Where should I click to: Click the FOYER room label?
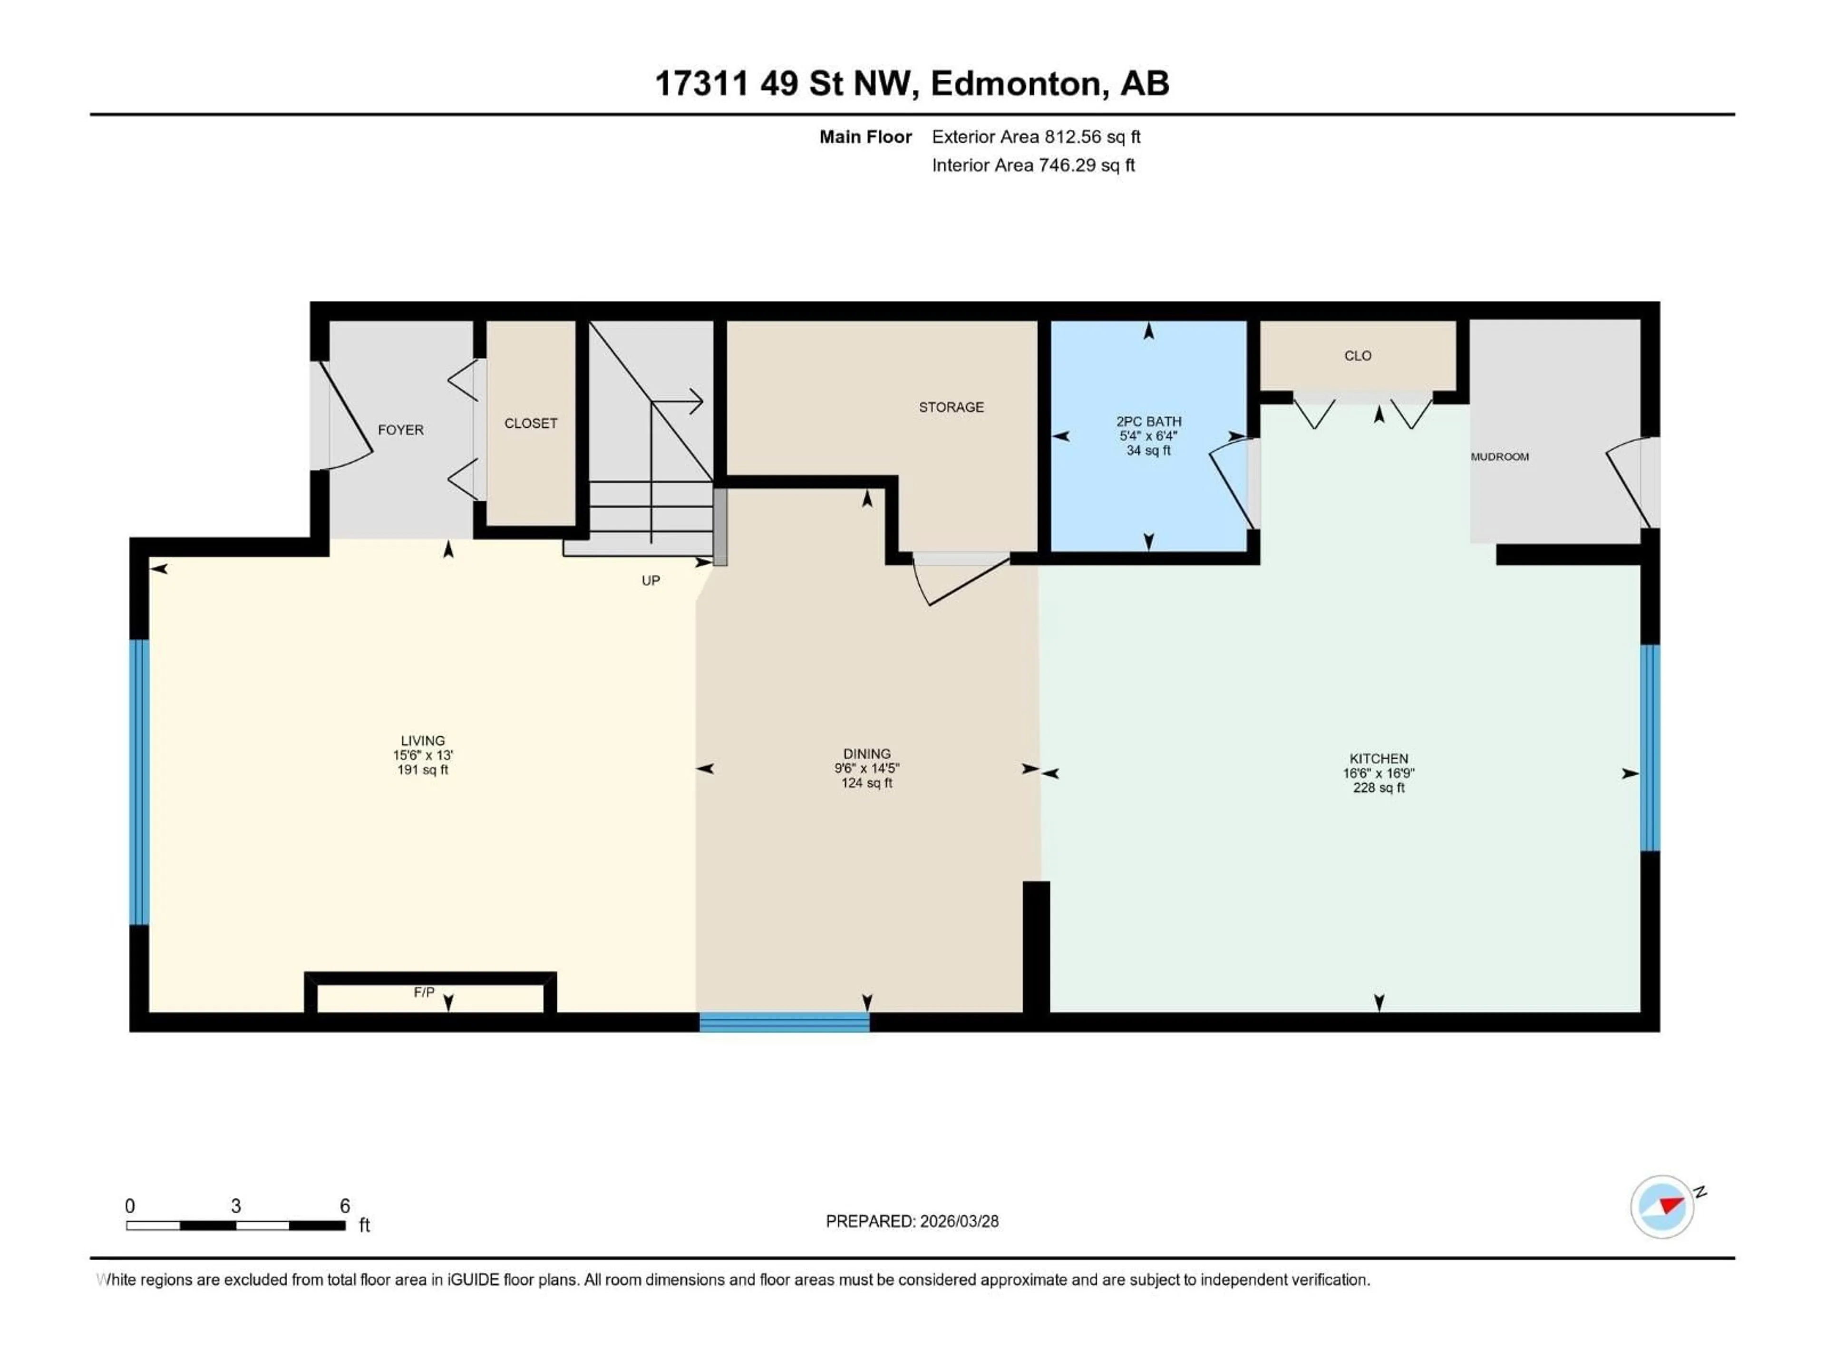(400, 430)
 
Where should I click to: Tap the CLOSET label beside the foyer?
(531, 424)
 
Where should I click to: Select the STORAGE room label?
(951, 407)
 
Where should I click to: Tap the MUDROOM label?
(1499, 456)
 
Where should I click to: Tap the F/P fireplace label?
(424, 993)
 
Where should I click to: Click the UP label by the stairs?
(651, 580)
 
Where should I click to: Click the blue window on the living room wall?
(139, 781)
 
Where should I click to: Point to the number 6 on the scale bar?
(345, 1205)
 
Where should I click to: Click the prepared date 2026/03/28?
(957, 1221)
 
